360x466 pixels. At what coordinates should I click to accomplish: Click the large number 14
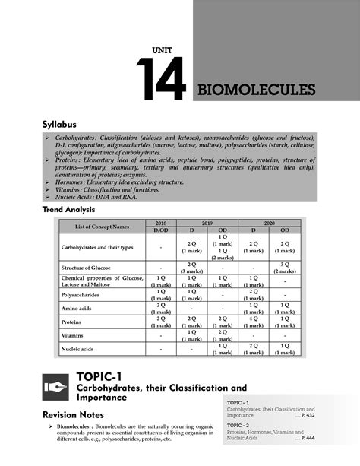pos(160,80)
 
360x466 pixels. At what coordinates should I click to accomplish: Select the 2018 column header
pos(162,223)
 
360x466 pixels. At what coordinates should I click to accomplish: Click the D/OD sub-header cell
pos(162,230)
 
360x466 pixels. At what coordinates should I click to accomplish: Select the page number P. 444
pos(306,439)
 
